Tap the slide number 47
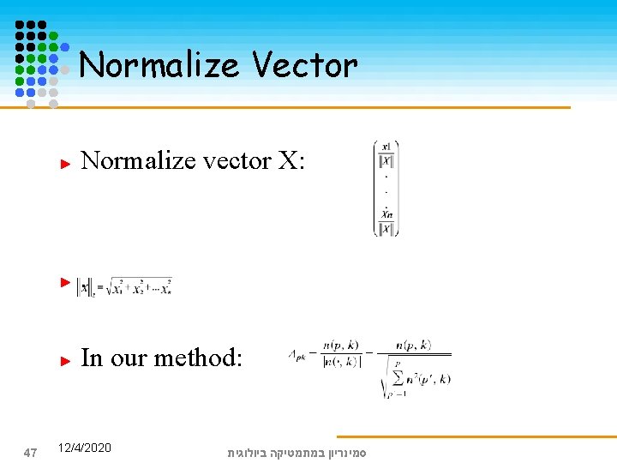pos(29,451)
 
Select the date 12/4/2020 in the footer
pos(84,448)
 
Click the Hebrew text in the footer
pos(296,451)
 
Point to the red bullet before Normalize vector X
pos(64,161)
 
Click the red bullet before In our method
pos(64,360)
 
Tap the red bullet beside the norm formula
pos(64,280)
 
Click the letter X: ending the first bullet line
pos(291,160)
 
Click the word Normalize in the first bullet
pos(136,160)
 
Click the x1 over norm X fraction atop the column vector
pos(386,154)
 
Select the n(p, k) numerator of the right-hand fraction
pos(413,345)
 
